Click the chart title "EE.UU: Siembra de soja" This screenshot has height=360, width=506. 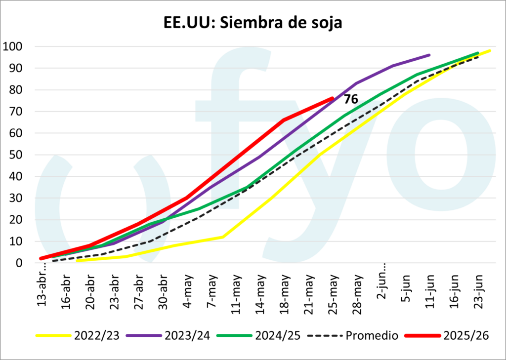pyautogui.click(x=253, y=23)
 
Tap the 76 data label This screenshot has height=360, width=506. pyautogui.click(x=351, y=99)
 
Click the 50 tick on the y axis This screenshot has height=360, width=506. pyautogui.click(x=17, y=155)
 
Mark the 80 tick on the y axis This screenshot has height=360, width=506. pyautogui.click(x=17, y=90)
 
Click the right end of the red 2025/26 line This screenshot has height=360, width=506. pyautogui.click(x=332, y=98)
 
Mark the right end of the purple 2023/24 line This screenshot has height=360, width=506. pyautogui.click(x=429, y=55)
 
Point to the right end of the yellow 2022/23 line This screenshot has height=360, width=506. pyautogui.click(x=490, y=50)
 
